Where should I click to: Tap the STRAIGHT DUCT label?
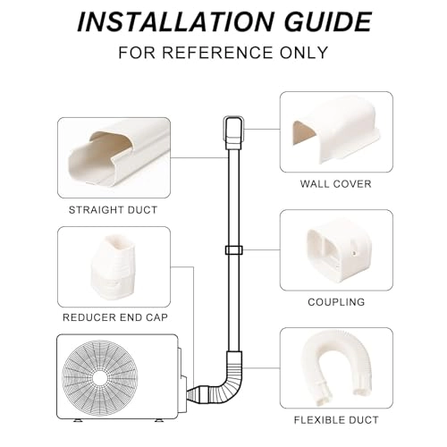click(x=113, y=210)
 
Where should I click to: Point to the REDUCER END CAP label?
click(x=113, y=316)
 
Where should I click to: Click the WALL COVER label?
click(x=335, y=184)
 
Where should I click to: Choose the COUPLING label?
click(x=335, y=302)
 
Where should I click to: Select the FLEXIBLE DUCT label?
click(x=335, y=419)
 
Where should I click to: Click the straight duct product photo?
click(x=113, y=158)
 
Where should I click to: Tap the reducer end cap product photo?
click(x=113, y=265)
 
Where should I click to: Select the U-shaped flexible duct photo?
click(x=335, y=367)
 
